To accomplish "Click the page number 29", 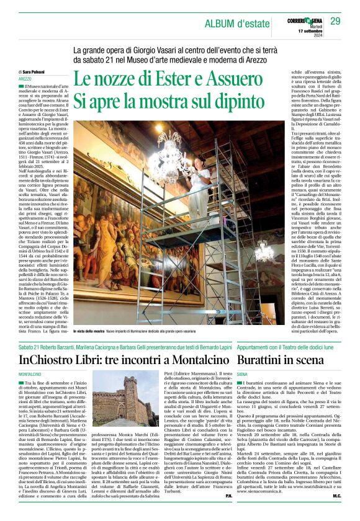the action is pyautogui.click(x=335, y=22).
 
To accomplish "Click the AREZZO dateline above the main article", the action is pyautogui.click(x=25, y=79).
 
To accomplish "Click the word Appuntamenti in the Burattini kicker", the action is pyautogui.click(x=254, y=346).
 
